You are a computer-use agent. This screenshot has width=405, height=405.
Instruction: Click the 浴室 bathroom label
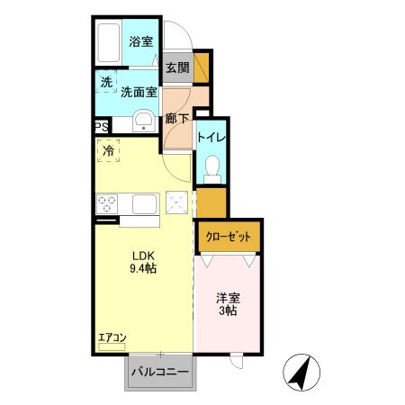139,41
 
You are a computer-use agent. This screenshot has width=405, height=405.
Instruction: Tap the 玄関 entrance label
177,68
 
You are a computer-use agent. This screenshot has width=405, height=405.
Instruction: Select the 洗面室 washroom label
140,91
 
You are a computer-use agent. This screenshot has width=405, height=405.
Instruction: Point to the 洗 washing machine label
107,82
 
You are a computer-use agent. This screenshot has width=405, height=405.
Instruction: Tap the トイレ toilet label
211,137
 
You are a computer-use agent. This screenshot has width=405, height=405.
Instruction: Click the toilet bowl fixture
211,166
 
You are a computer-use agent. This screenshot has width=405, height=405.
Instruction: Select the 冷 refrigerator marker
108,151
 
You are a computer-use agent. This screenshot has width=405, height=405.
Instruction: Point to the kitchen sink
145,204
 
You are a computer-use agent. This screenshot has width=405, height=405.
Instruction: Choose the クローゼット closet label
229,236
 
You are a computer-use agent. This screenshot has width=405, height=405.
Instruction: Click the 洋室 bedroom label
227,297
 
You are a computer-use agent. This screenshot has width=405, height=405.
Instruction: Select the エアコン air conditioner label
112,337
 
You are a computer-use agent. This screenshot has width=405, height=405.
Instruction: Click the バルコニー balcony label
160,371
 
